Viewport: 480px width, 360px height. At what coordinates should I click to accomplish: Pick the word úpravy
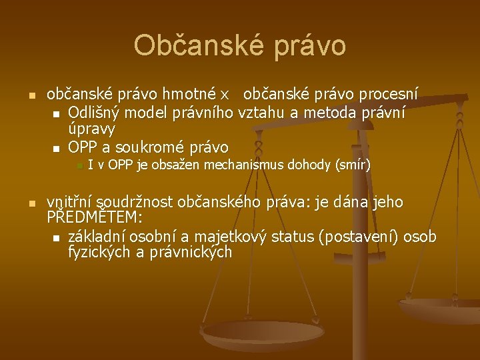[x=92, y=129]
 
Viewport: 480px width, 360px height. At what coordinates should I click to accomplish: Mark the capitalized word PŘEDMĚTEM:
[x=95, y=218]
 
